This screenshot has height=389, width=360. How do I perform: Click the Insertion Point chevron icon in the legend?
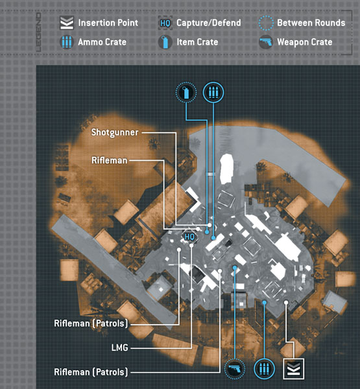[67, 23]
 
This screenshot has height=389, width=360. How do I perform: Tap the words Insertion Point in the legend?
[108, 23]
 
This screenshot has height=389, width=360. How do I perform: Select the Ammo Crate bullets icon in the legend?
[67, 42]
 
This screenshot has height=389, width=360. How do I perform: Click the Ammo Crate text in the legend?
[102, 42]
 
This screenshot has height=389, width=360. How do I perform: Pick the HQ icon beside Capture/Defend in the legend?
[165, 23]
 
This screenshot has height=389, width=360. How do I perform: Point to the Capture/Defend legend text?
[209, 23]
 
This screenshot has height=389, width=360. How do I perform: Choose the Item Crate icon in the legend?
[165, 42]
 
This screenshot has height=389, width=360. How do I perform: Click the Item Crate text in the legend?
[197, 42]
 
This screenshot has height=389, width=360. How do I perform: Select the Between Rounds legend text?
[311, 23]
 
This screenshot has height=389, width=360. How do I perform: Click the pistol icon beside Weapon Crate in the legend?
[266, 42]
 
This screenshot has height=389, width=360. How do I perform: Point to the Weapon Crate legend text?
[305, 42]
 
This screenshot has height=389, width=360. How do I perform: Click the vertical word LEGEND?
[38, 32]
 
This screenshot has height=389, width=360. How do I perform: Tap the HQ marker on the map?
[189, 237]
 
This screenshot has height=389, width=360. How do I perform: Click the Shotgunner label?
[115, 132]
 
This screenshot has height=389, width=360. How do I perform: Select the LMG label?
[119, 348]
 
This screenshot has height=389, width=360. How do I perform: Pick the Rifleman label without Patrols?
[109, 160]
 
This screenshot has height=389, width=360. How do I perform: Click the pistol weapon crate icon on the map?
[235, 369]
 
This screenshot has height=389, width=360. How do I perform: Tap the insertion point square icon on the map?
[294, 369]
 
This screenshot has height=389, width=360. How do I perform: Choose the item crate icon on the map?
[186, 93]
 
